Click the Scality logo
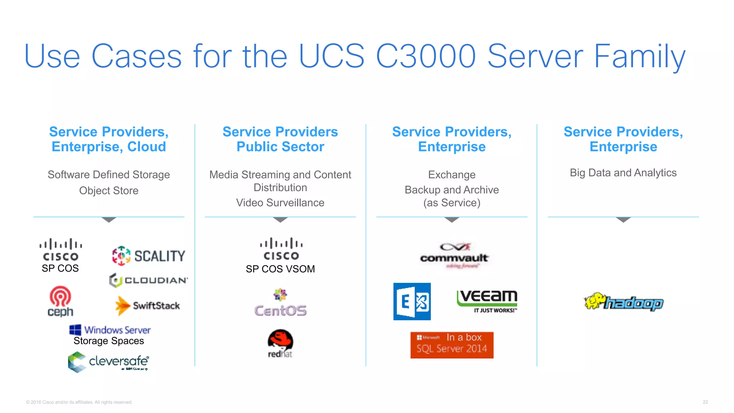(x=149, y=256)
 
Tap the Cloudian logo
(x=148, y=280)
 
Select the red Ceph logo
(x=60, y=301)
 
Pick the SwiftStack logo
(x=148, y=306)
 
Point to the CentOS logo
(x=280, y=303)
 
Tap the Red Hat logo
(x=280, y=343)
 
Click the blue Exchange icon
(x=412, y=302)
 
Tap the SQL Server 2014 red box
(x=452, y=345)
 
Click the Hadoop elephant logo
(x=624, y=302)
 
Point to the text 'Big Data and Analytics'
(x=623, y=173)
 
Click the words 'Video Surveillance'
(x=280, y=203)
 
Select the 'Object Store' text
(x=109, y=191)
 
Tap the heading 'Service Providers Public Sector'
(x=280, y=139)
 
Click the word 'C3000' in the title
(x=426, y=56)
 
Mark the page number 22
(x=705, y=402)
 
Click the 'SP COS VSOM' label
(x=280, y=269)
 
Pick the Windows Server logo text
(x=117, y=330)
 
